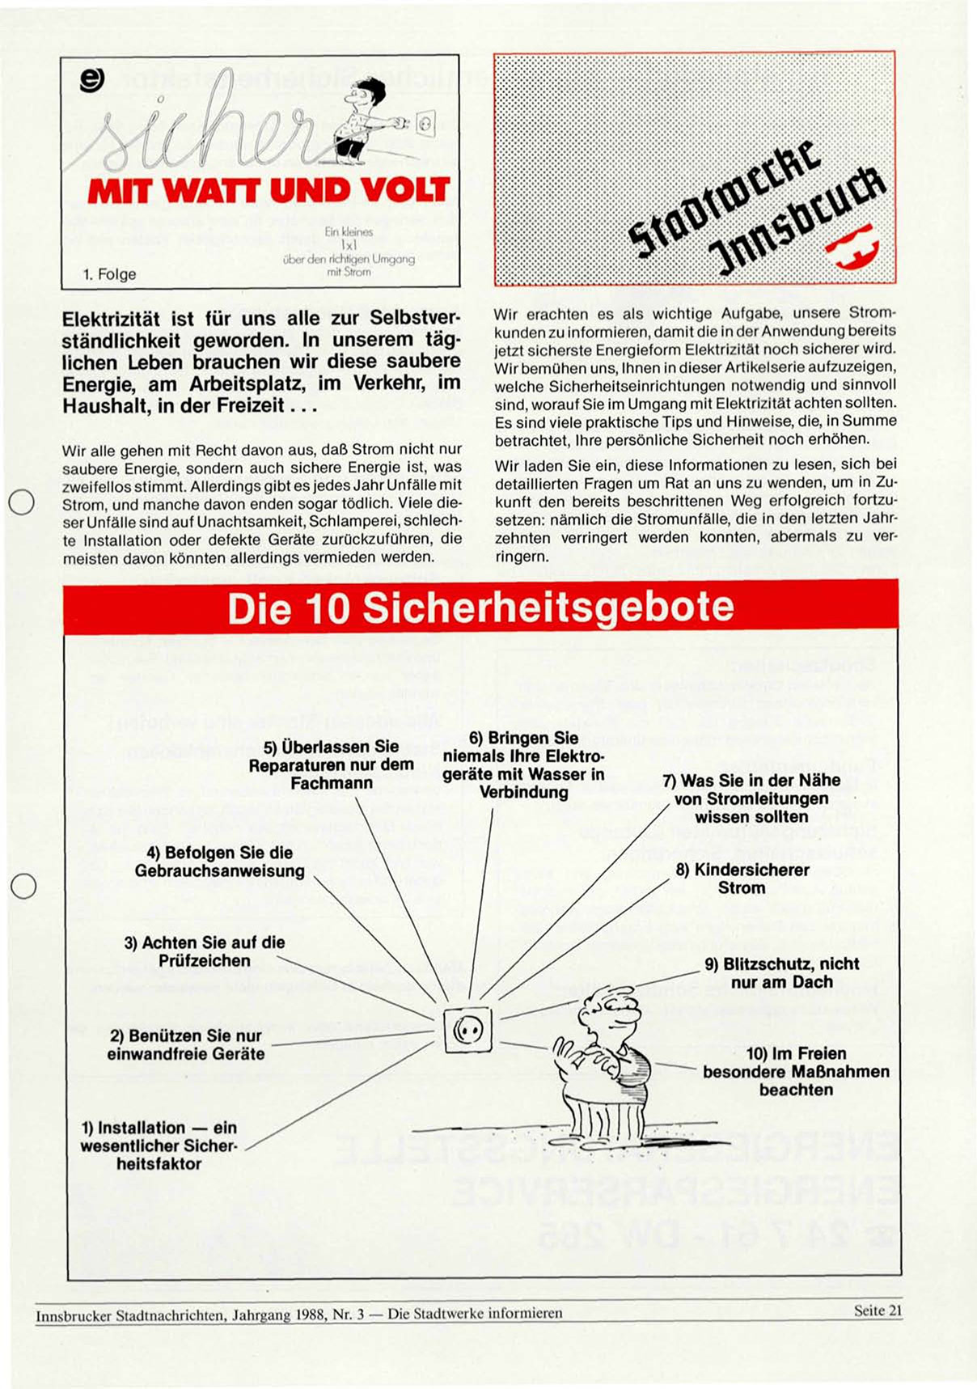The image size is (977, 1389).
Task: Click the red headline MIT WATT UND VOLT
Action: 269,191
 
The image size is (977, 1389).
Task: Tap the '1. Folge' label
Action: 109,274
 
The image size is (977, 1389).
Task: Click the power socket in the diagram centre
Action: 467,1030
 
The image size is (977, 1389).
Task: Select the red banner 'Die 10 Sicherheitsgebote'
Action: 480,608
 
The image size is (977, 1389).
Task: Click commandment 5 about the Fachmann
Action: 332,764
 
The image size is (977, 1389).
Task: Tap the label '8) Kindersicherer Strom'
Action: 742,879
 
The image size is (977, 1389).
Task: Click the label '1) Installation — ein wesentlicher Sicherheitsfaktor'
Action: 159,1146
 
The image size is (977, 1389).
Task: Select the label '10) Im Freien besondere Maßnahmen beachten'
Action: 796,1071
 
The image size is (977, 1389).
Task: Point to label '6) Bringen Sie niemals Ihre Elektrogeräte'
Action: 523,764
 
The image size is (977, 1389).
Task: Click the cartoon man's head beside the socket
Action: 608,1011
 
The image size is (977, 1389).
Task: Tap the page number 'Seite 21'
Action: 878,1311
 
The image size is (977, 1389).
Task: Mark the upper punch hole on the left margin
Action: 22,502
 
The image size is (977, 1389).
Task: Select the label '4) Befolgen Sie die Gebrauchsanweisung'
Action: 220,862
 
